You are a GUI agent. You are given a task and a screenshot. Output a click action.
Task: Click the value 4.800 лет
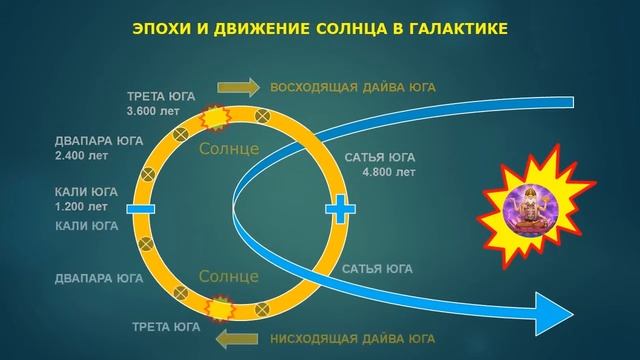click(x=389, y=172)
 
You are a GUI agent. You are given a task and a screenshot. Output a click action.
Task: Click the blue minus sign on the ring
click(x=137, y=208)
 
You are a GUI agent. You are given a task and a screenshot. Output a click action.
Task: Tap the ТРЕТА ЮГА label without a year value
click(x=164, y=327)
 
